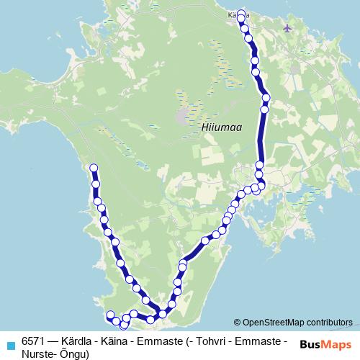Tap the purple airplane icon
coord(288,28)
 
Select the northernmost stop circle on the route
coord(240,12)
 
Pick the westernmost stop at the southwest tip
coord(110,315)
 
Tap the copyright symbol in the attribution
coord(237,322)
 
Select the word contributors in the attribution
coord(329,322)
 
